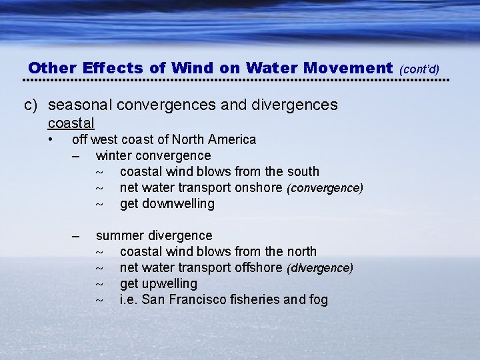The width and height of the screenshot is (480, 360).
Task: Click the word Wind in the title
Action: pyautogui.click(x=189, y=68)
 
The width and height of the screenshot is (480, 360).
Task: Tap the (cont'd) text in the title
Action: pyautogui.click(x=419, y=69)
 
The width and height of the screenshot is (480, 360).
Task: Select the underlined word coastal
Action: pyautogui.click(x=71, y=123)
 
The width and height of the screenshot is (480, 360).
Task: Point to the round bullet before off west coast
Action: pyautogui.click(x=51, y=139)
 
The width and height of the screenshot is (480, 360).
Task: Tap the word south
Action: pyautogui.click(x=302, y=171)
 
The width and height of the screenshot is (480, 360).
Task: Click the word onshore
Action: pyautogui.click(x=258, y=187)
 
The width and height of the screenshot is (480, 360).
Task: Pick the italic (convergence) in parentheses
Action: pyautogui.click(x=325, y=188)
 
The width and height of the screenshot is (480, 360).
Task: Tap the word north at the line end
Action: pyautogui.click(x=300, y=251)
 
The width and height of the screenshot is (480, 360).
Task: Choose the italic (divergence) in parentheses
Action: pyautogui.click(x=320, y=268)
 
